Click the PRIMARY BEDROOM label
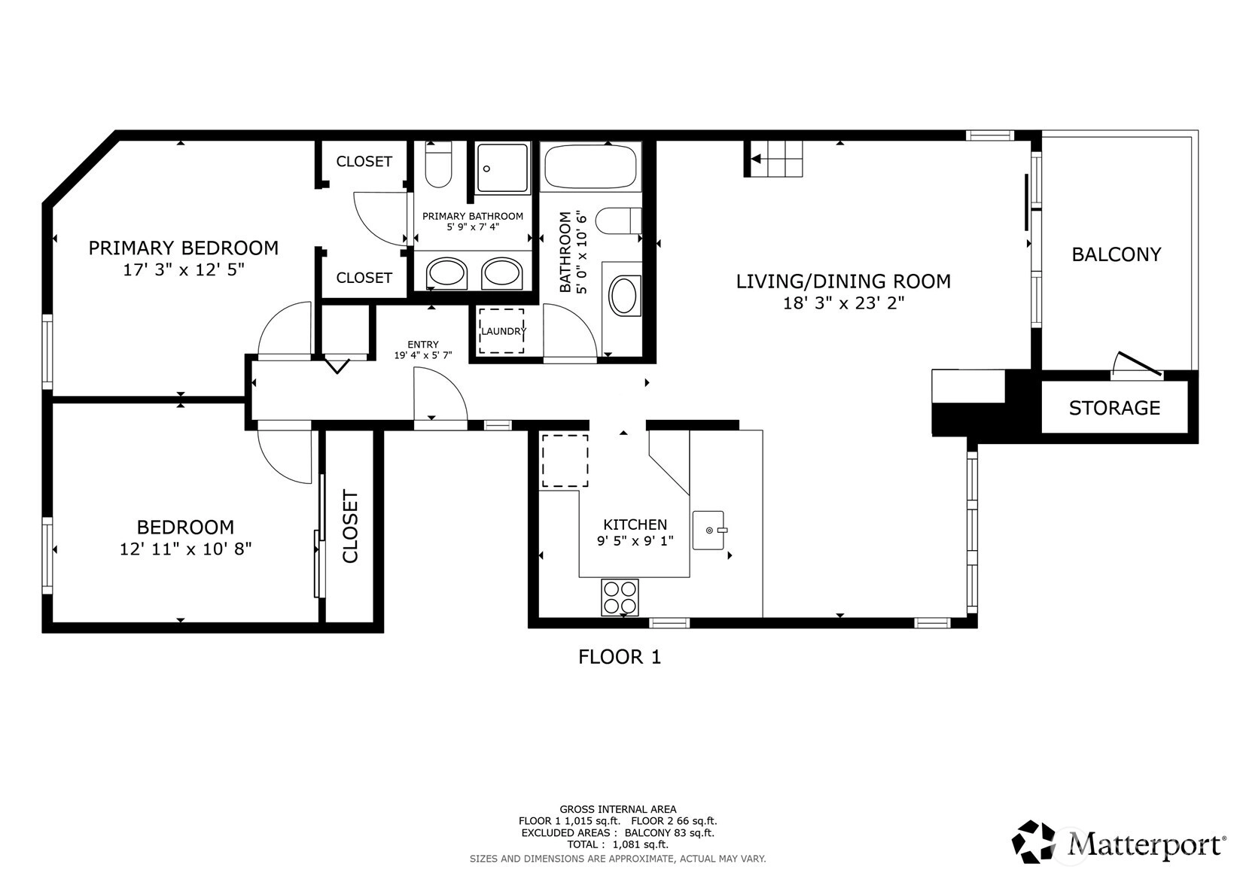pos(183,248)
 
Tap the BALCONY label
pos(1116,254)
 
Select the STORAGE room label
pos(1114,408)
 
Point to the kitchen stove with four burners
pos(620,597)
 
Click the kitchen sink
pos(709,530)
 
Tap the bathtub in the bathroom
pos(590,166)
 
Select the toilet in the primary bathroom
pos(438,164)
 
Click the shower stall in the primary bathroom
pos(503,168)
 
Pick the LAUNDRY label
pos(503,331)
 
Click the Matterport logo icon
pos(1034,841)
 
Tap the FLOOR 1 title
pos(620,657)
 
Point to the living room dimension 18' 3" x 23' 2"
pos(843,303)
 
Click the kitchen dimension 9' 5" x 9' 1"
pos(635,540)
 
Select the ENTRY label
pos(423,344)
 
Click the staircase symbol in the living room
pos(772,159)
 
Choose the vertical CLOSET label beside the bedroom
pos(350,526)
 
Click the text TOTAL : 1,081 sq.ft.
pos(618,844)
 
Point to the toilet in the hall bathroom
pos(618,221)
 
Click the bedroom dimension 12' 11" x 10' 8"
pos(185,549)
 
